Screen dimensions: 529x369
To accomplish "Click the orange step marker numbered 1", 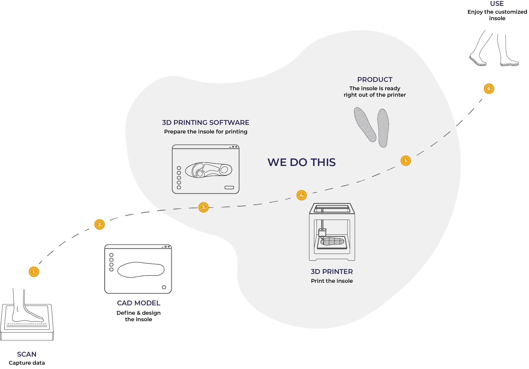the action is (34, 272).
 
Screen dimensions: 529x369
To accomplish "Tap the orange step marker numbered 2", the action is (99, 224).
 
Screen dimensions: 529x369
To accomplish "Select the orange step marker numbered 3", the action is (204, 207).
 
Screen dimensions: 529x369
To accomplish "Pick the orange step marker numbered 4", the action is (302, 195).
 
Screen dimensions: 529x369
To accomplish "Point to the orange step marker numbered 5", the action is (406, 161).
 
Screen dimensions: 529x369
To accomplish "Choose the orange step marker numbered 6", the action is (489, 89).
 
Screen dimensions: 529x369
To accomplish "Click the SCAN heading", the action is (27, 354).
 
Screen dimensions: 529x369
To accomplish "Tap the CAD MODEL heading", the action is (139, 303).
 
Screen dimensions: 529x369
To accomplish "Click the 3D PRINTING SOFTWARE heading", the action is (206, 122).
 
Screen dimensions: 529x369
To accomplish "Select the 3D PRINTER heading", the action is (332, 272).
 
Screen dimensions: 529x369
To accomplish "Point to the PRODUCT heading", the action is (375, 79).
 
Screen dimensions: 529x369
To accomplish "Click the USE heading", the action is (497, 3).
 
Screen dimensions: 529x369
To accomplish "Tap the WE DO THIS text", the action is (301, 162).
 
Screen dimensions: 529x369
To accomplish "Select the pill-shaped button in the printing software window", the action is (229, 187).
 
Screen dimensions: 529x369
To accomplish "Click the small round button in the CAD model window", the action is (164, 287).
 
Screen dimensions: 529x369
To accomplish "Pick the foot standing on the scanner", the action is (25, 306).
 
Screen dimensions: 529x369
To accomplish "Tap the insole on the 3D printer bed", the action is (332, 241).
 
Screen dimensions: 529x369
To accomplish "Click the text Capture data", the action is (27, 363).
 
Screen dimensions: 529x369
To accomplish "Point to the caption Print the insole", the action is (332, 281).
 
